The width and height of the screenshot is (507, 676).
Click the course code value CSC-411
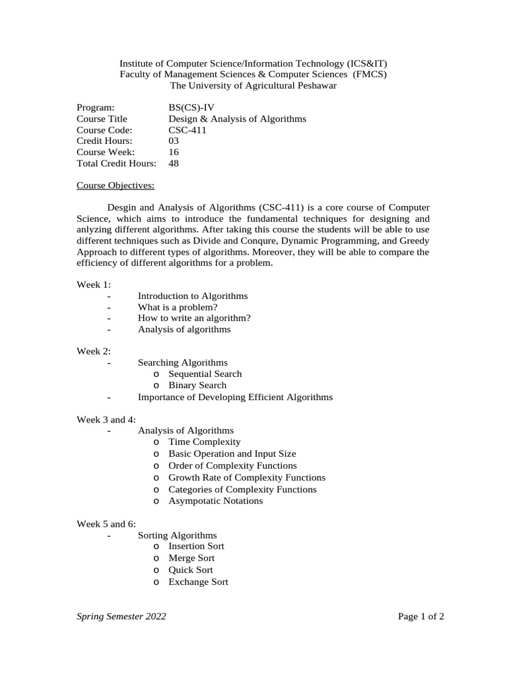187,130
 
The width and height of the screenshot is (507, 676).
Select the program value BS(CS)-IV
191,107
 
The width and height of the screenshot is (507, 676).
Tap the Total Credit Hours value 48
174,163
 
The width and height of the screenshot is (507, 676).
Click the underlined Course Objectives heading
116,186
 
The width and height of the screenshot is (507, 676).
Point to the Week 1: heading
94,285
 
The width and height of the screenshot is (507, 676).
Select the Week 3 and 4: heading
106,419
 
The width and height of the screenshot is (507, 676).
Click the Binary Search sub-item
197,386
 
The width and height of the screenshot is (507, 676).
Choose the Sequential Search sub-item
205,374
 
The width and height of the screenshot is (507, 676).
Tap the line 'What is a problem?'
178,307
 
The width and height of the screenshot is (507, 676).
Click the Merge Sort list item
191,558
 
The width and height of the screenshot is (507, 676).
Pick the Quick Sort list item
191,570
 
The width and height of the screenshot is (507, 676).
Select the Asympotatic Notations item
215,501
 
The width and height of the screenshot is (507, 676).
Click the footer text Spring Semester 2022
121,617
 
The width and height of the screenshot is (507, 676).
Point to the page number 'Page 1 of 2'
421,617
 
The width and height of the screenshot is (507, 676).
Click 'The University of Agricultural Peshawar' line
253,86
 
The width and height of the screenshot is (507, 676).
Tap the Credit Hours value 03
174,141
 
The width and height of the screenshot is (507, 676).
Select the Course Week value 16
174,152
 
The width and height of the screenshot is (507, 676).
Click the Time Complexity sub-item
205,442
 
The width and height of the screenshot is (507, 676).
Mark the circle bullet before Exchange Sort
156,582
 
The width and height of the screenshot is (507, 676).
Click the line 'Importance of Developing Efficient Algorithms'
235,397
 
